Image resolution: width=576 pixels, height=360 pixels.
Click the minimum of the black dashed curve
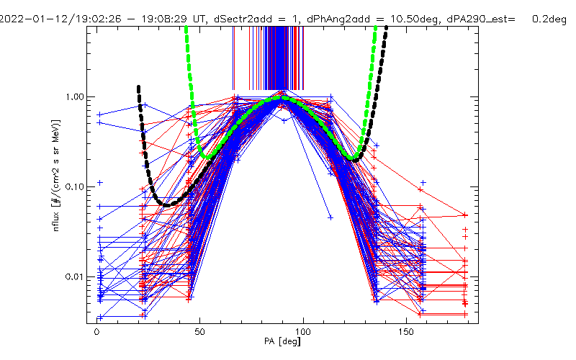tap(167, 205)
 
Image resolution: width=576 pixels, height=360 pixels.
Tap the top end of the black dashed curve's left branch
tap(138, 87)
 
